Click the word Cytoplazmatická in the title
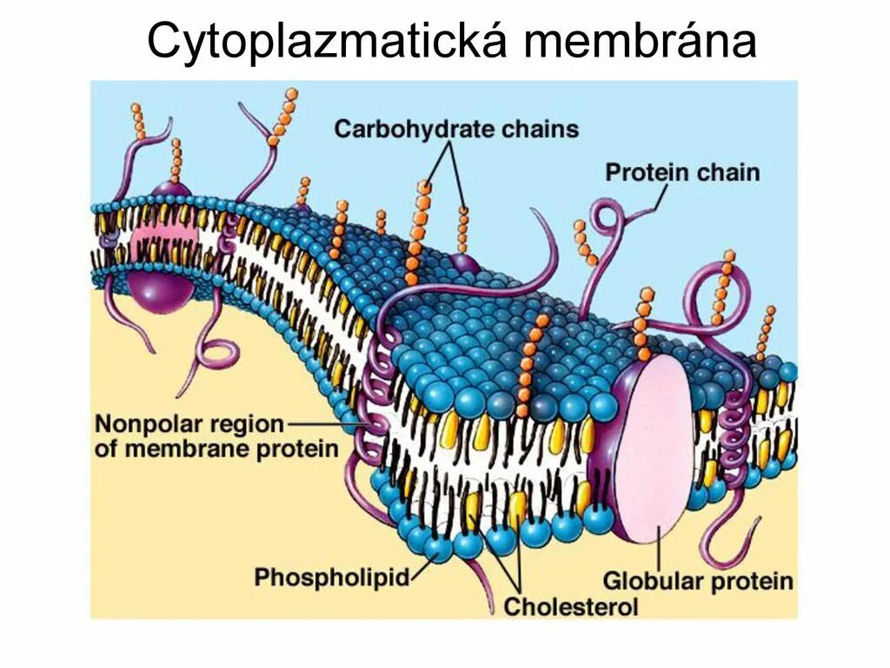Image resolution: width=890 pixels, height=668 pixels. [325, 41]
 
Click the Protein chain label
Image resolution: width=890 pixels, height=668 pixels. [682, 172]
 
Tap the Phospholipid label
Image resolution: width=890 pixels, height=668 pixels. [330, 576]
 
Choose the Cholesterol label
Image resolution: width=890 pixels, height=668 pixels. [571, 606]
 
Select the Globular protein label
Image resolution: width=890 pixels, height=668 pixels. [697, 580]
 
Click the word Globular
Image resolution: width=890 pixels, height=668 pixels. [654, 580]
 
